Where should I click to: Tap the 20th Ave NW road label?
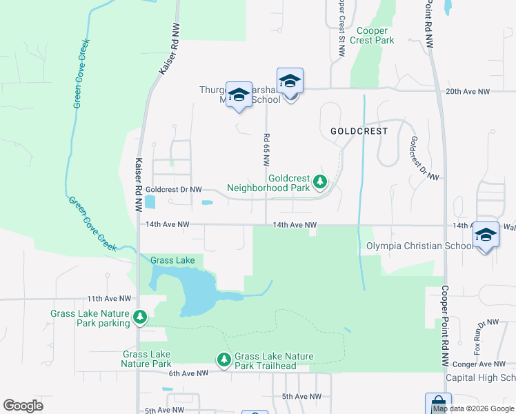468,91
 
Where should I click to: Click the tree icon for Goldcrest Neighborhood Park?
319,182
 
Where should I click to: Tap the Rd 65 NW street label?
265,149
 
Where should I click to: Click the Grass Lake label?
172,260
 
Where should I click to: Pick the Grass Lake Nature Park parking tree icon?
140,317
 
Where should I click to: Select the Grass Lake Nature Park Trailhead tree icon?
224,359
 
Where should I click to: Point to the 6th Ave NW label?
188,373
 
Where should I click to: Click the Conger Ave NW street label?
485,364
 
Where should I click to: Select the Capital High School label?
480,377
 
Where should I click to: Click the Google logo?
23,406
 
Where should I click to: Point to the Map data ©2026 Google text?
473,408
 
